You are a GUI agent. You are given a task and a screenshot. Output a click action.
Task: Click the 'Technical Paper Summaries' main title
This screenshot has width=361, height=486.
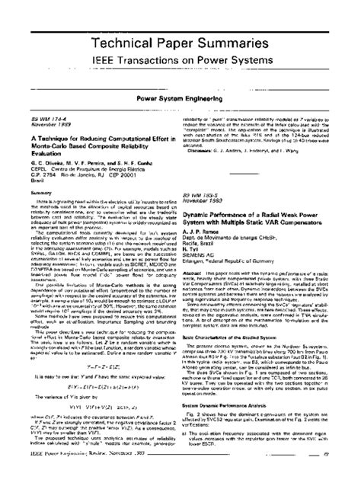pos(180,37)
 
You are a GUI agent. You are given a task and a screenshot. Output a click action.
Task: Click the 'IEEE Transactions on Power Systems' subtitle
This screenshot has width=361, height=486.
pos(180,58)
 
